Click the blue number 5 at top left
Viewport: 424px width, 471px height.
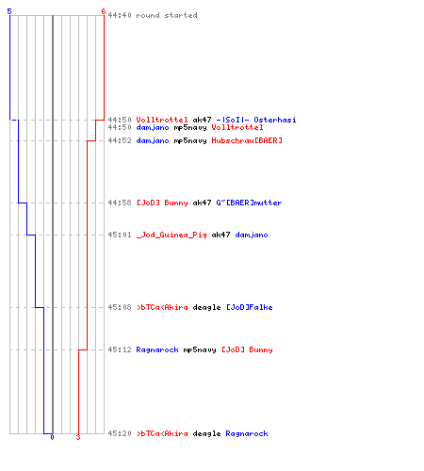9,11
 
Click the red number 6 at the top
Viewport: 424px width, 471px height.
104,11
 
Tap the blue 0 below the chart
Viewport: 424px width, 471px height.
52,437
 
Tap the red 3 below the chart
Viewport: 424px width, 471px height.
78,437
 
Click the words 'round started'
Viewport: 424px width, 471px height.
167,15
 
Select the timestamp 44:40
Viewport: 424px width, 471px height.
120,15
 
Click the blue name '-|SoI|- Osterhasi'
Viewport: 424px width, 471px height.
256,120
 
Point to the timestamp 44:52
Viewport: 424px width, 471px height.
120,140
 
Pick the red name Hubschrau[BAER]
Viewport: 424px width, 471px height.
247,140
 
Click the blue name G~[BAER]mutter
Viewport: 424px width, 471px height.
249,203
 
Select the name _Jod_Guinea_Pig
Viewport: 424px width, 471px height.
171,235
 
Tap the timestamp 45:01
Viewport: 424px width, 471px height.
120,235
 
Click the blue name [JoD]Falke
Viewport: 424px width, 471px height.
250,307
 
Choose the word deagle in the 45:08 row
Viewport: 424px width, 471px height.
206,307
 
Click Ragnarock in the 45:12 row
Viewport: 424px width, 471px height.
157,349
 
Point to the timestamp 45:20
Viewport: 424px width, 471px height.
120,433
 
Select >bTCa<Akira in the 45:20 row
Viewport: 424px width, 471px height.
162,433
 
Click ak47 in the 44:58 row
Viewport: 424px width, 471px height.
202,203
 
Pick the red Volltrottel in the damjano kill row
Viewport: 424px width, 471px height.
237,127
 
